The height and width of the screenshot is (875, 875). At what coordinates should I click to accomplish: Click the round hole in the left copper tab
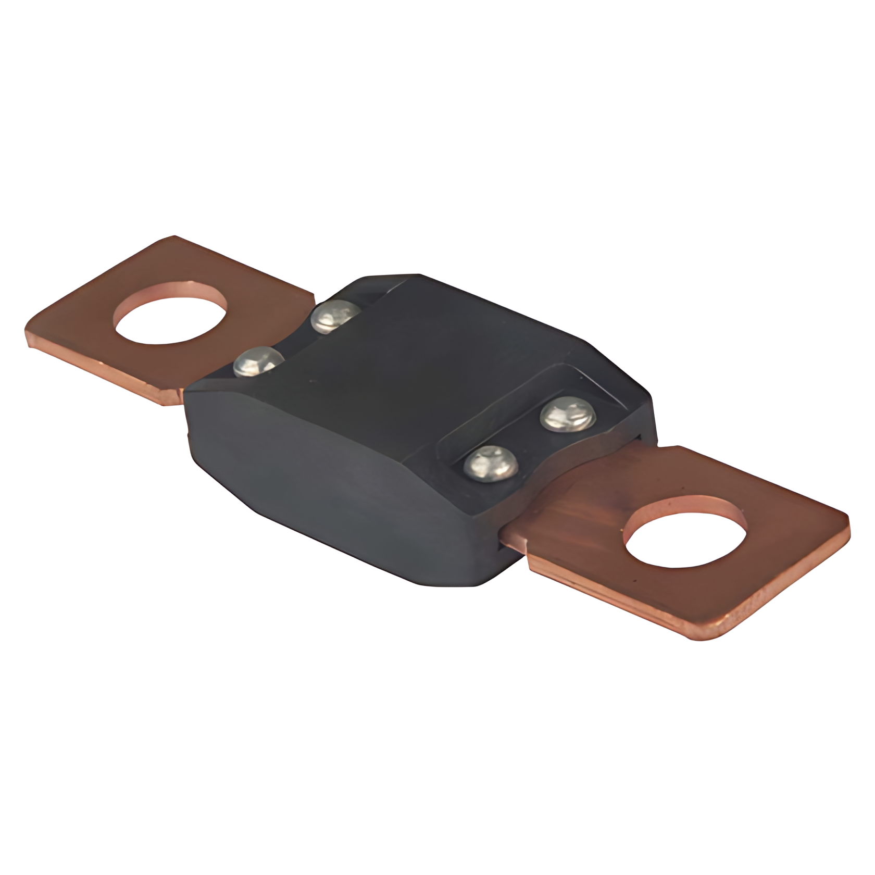pyautogui.click(x=170, y=312)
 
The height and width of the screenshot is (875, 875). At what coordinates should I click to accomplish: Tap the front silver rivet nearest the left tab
pyautogui.click(x=259, y=360)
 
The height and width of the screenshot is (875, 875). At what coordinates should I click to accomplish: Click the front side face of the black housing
pyautogui.click(x=333, y=500)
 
